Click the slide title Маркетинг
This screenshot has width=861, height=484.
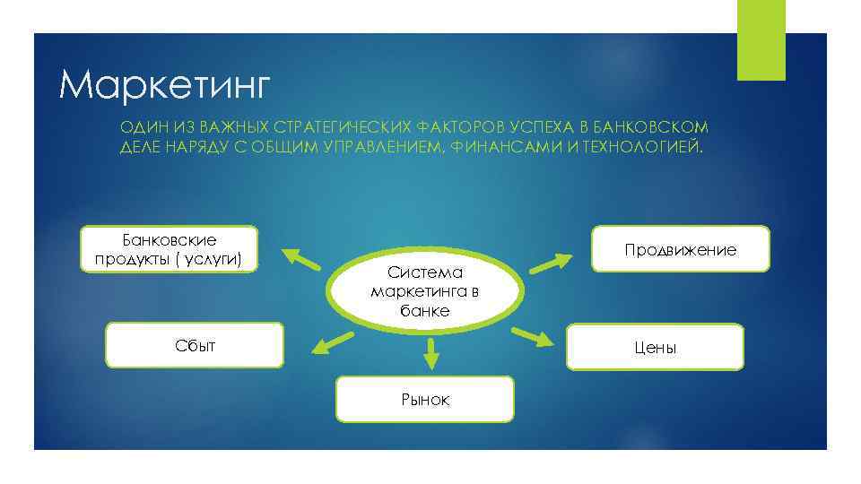[x=164, y=85]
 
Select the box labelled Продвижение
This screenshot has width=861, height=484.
[x=680, y=249]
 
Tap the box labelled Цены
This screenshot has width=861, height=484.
[x=655, y=347]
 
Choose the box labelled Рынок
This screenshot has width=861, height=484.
[x=425, y=400]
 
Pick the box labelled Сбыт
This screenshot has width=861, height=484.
[x=195, y=345]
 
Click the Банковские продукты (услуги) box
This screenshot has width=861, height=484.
[x=170, y=249]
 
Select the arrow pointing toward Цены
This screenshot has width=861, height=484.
[x=533, y=337]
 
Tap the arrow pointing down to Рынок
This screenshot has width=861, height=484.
[x=431, y=353]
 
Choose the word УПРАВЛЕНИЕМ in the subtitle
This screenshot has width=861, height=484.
[x=375, y=147]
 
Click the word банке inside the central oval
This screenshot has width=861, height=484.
[x=425, y=311]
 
